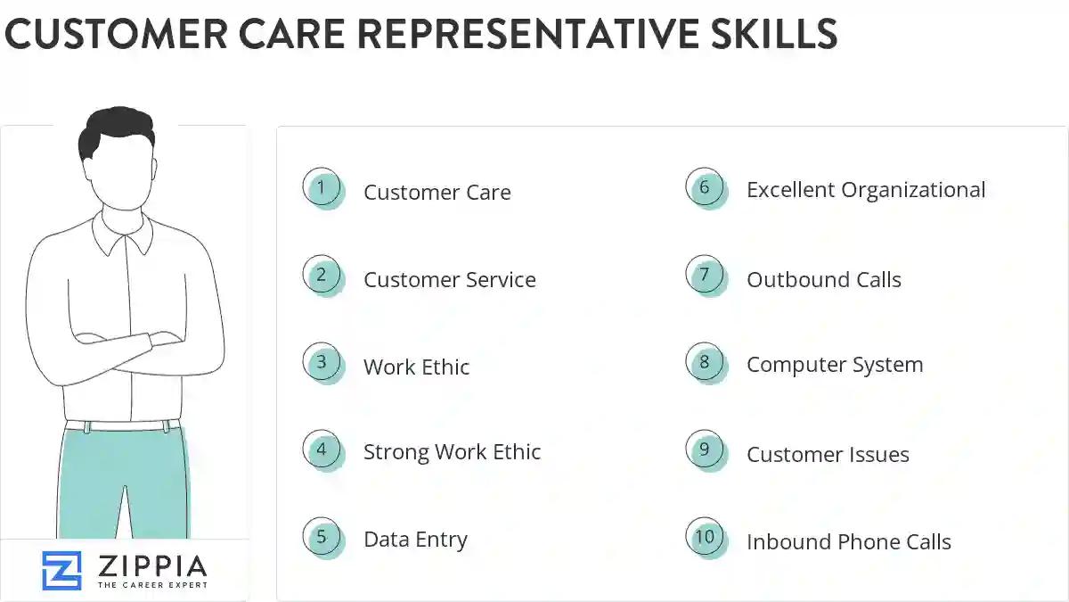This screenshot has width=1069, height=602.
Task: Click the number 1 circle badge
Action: click(x=322, y=188)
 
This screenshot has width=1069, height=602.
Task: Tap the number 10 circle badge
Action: click(x=705, y=537)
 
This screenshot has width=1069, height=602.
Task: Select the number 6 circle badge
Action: click(x=705, y=187)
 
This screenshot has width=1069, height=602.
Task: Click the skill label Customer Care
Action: click(x=437, y=193)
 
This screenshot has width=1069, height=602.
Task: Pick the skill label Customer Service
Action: click(x=449, y=280)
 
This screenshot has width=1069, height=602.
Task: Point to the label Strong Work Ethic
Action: click(x=452, y=452)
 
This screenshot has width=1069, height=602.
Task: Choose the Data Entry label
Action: click(x=415, y=540)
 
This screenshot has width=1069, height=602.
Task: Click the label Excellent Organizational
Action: click(x=866, y=190)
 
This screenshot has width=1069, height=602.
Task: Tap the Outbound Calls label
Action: click(x=823, y=280)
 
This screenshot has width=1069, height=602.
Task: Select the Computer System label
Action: click(x=834, y=365)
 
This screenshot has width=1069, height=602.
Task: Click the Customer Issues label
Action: click(x=828, y=455)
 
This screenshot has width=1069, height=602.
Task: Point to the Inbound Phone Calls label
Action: click(x=848, y=542)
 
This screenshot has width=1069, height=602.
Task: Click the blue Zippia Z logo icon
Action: click(x=61, y=571)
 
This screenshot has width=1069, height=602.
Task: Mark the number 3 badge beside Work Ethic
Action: click(x=322, y=362)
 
